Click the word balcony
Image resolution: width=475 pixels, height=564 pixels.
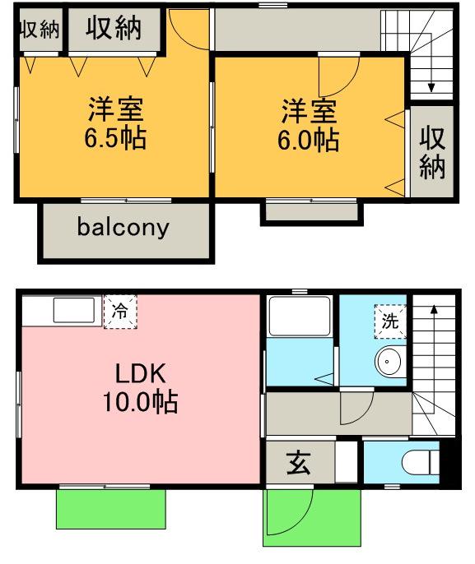[123, 228]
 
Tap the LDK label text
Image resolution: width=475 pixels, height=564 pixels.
[141, 373]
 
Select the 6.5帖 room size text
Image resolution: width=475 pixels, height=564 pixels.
[115, 138]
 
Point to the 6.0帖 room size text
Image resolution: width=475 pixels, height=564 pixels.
[308, 140]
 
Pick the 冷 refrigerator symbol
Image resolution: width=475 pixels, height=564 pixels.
[120, 312]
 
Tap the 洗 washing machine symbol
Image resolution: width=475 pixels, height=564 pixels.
[390, 321]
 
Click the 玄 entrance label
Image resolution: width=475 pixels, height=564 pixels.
[298, 464]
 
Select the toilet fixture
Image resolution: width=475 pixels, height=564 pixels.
[420, 463]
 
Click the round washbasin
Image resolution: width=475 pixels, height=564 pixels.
[387, 361]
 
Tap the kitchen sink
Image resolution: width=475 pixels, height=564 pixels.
[73, 310]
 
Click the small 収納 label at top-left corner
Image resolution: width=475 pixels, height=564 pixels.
[40, 29]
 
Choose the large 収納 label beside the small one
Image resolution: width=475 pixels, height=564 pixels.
[113, 28]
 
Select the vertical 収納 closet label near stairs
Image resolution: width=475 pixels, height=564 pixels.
[432, 153]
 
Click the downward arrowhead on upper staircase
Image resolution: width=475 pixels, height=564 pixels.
[431, 88]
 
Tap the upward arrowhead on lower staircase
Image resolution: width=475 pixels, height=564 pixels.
[434, 308]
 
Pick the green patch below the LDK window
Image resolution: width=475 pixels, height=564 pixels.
[111, 509]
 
